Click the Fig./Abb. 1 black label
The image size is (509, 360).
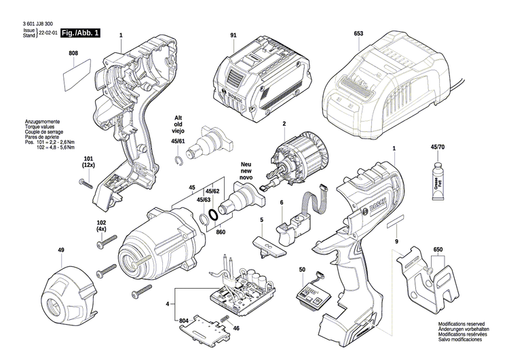click(x=79, y=33)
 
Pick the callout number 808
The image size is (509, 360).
click(x=73, y=53)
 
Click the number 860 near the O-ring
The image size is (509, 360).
click(x=220, y=232)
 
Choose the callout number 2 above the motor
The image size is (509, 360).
click(x=284, y=123)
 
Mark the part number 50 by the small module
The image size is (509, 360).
click(x=302, y=270)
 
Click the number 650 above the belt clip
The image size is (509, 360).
click(x=438, y=250)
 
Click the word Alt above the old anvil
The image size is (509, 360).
click(x=178, y=117)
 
